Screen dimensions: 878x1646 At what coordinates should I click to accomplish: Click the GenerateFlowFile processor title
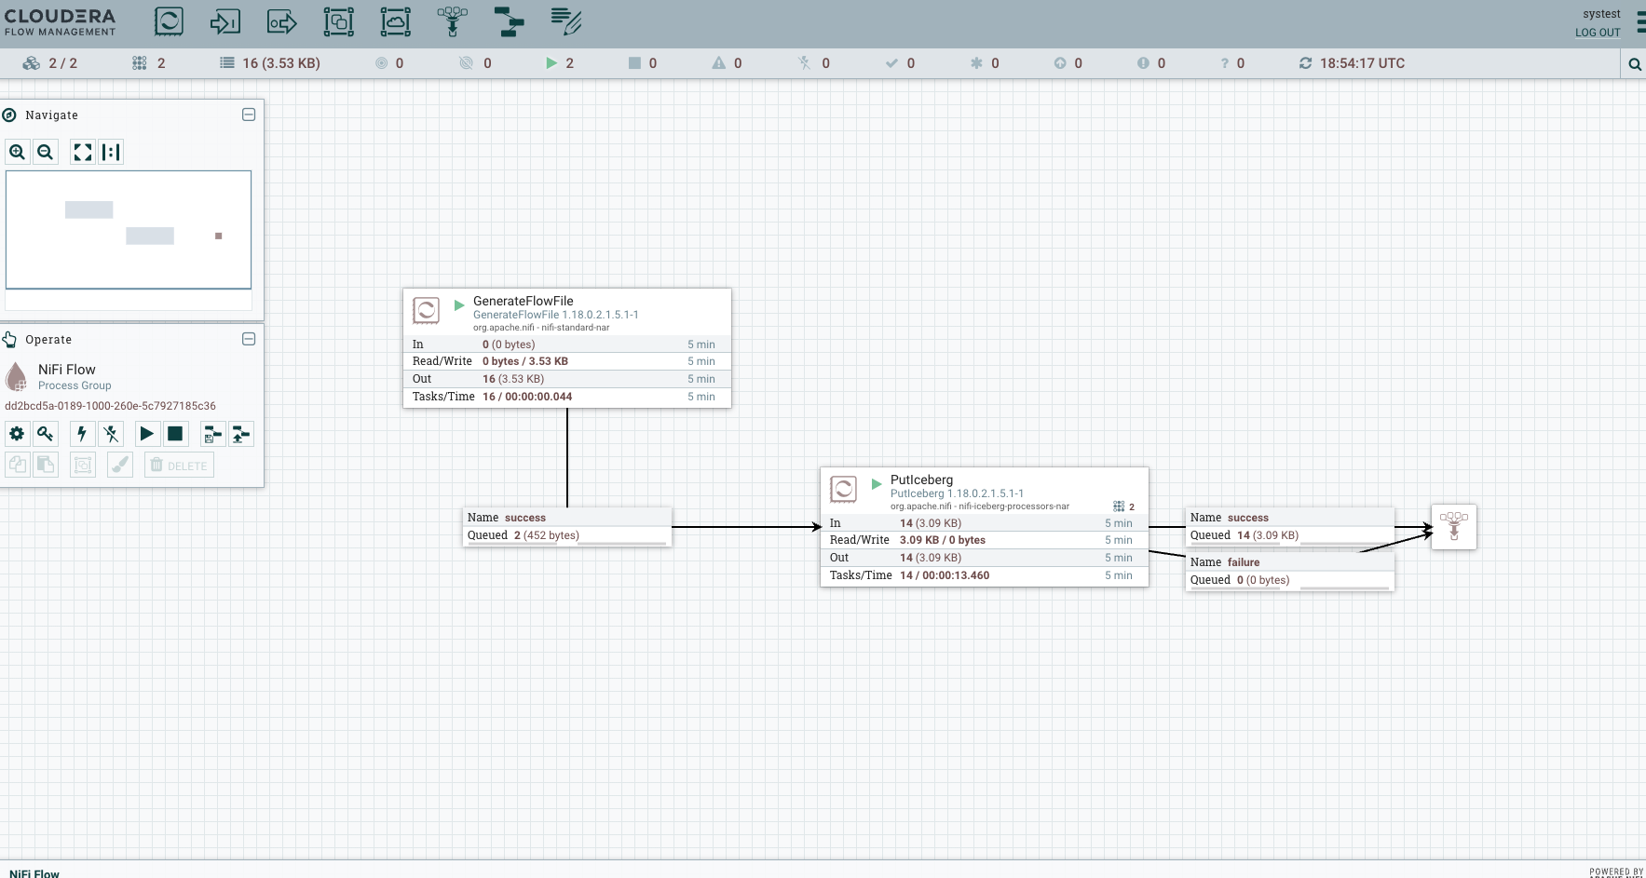point(523,301)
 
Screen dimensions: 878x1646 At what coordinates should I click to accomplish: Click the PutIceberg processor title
point(921,480)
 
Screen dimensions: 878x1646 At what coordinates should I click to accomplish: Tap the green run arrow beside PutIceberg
point(876,484)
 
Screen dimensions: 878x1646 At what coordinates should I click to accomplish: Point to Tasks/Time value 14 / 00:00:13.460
point(945,575)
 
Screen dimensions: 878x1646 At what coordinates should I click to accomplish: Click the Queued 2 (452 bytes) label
point(546,535)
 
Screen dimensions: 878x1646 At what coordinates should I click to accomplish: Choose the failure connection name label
point(1243,562)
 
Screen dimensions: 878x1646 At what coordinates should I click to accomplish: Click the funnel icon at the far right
point(1453,526)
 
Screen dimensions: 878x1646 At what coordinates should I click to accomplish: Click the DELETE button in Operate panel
point(179,466)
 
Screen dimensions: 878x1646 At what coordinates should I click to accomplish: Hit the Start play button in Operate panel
point(146,434)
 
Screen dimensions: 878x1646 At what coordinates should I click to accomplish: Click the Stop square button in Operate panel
point(175,434)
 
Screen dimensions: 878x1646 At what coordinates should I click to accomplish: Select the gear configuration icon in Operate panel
point(17,434)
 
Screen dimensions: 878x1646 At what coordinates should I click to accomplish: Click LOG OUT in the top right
point(1598,33)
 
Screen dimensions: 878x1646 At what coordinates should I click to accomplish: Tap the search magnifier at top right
point(1634,64)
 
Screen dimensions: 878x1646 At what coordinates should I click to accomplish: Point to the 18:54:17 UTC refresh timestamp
point(1361,63)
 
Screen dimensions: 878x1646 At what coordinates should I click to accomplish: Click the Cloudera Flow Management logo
point(61,22)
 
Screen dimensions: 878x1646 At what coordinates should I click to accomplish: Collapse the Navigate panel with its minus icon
point(249,115)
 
